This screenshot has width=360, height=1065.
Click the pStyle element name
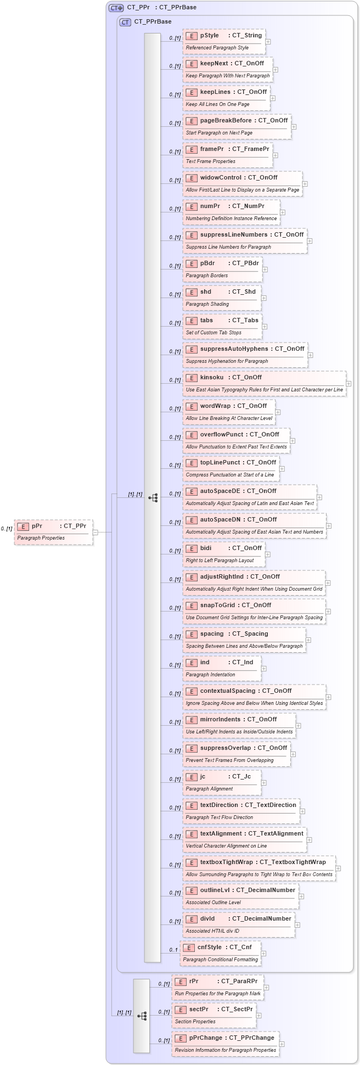209,36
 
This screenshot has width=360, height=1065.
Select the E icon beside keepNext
192,64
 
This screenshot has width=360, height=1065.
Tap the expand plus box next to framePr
275,155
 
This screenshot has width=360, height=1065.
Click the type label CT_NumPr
248,206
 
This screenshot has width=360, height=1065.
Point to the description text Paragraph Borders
207,276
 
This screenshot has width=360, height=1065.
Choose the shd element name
206,292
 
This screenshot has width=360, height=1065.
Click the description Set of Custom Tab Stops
213,333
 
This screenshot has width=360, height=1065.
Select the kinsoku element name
212,378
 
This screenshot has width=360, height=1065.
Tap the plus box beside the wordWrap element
278,412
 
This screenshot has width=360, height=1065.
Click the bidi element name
206,548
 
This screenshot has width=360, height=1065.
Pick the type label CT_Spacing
250,634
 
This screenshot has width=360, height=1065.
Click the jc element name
203,777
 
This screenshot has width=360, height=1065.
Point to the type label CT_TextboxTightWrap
292,862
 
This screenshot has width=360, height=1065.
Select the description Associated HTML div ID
212,931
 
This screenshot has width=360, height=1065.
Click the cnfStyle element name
210,948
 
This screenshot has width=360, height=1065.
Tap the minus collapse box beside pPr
95,532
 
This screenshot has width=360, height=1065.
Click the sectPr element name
199,1010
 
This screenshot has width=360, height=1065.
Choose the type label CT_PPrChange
251,1038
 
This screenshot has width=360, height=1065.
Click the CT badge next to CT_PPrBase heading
126,22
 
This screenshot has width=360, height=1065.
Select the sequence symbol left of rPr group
142,1016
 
